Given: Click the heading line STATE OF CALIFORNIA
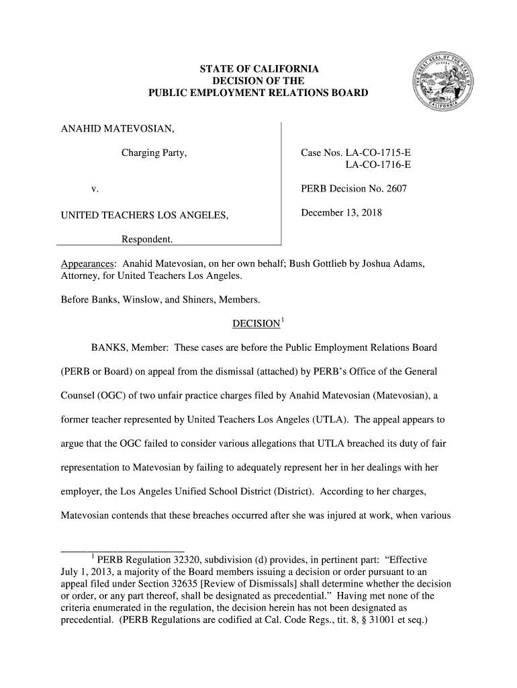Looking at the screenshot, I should (258, 69).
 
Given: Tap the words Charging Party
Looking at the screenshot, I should (153, 154).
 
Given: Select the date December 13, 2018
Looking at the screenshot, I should (340, 213).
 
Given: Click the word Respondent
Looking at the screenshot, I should (146, 240).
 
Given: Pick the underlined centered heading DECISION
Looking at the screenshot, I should (255, 324).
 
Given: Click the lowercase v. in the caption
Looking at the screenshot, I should (95, 189).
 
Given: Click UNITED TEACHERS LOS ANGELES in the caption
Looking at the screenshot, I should (144, 215).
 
